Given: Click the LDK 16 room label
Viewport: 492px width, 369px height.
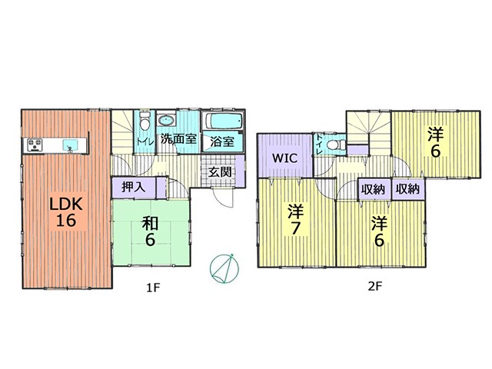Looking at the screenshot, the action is click(x=67, y=212).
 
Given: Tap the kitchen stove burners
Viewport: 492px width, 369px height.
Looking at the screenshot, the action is click(x=35, y=145).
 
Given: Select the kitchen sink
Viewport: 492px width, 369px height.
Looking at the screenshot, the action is click(x=70, y=145).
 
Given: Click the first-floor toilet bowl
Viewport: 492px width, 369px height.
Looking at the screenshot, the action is click(x=145, y=121).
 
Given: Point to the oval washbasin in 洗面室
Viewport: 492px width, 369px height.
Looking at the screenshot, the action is click(x=167, y=120).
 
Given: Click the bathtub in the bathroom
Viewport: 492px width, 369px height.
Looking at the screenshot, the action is click(x=224, y=120).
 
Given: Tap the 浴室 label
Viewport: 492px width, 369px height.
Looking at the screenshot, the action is click(x=222, y=141).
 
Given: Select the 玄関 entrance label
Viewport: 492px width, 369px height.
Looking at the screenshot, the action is click(x=221, y=172).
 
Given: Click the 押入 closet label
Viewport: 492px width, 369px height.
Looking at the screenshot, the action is click(x=134, y=188).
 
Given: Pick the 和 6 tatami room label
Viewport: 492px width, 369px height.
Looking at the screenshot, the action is click(x=150, y=232).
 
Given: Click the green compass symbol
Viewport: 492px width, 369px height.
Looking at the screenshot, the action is click(x=224, y=268).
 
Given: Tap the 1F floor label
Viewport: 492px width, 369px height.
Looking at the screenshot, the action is click(x=154, y=287).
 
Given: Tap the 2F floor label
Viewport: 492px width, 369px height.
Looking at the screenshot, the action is click(x=375, y=287).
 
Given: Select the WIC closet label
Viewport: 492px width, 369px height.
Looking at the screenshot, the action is click(x=284, y=158).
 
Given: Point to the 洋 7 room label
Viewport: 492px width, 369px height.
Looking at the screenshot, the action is click(x=295, y=220).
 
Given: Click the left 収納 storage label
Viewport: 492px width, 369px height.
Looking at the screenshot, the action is click(x=373, y=189).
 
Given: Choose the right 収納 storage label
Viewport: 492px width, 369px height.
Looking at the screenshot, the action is click(x=407, y=189).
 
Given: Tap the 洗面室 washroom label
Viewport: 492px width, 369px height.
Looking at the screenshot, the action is click(x=179, y=138).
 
